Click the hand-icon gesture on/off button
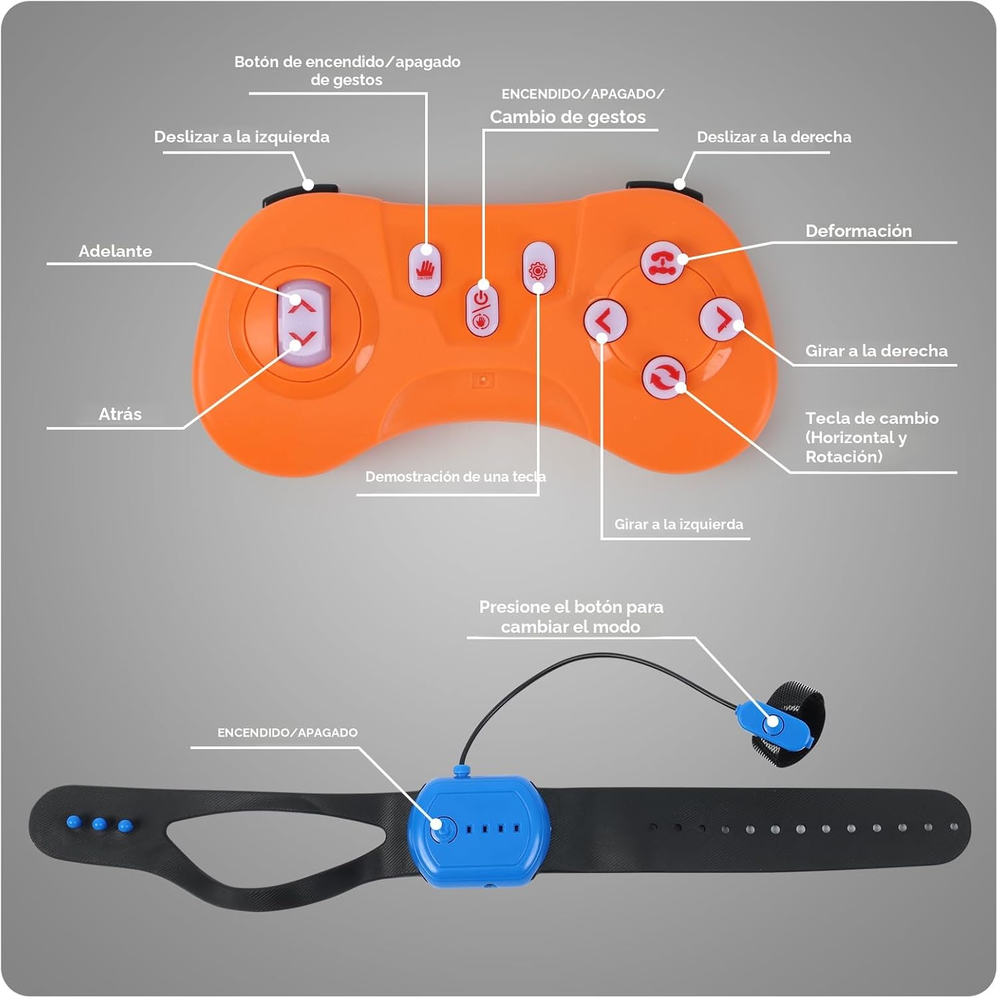[424, 269]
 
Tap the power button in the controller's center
[482, 309]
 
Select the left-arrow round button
[605, 321]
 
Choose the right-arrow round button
[721, 319]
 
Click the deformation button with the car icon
[663, 261]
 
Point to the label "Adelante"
[115, 251]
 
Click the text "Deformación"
[858, 231]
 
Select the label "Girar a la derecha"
[876, 351]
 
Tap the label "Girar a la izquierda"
[679, 524]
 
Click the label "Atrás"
[120, 414]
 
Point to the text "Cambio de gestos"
[568, 117]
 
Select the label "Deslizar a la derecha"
[774, 137]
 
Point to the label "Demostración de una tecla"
[455, 476]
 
